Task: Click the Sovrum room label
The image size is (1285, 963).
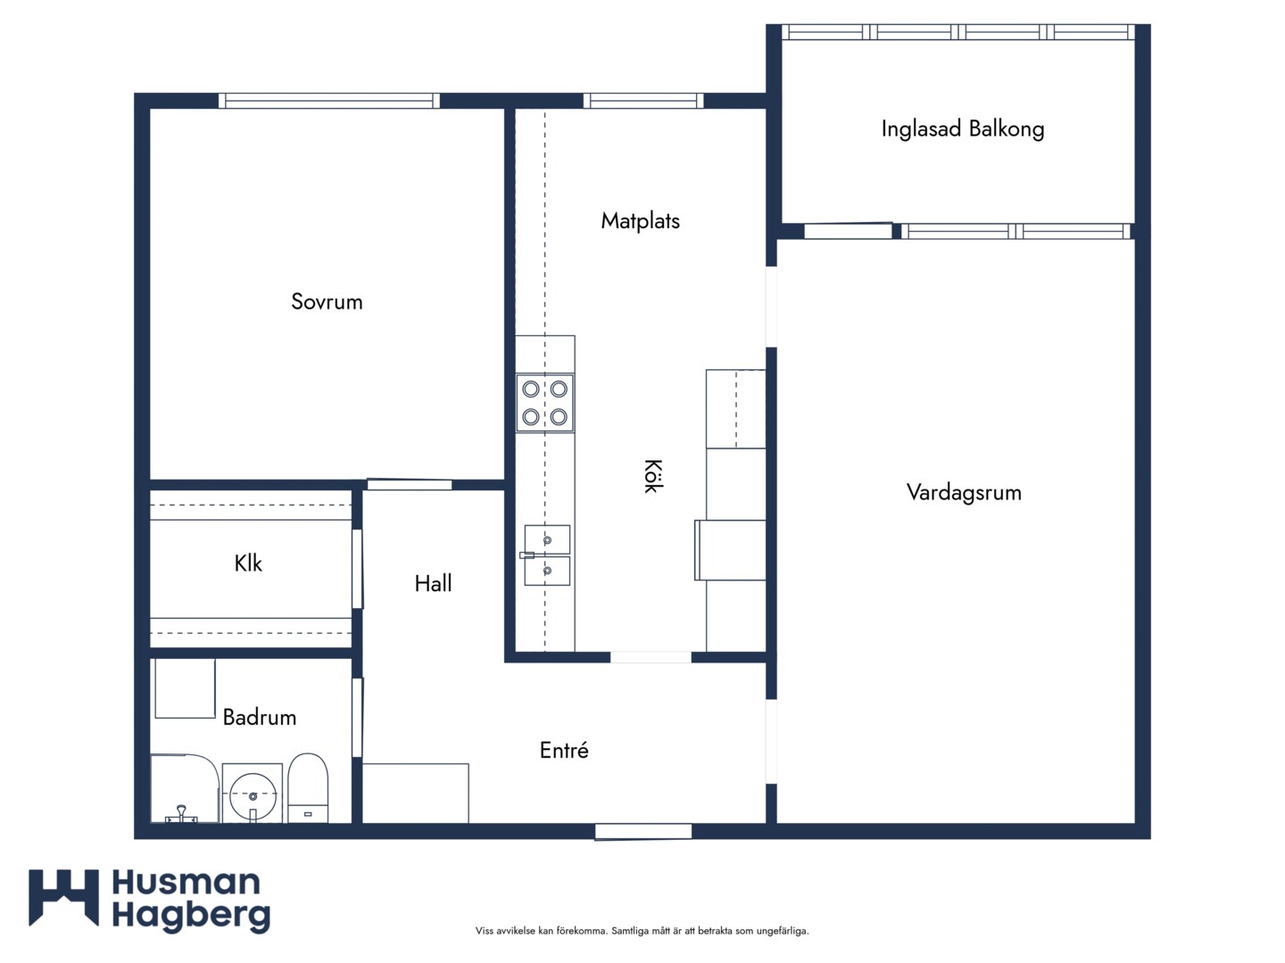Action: [327, 301]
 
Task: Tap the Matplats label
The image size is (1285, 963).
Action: [641, 221]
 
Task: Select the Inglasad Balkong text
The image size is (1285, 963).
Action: [963, 129]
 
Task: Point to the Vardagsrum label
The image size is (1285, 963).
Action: [964, 493]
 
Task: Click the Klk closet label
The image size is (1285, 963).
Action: [248, 563]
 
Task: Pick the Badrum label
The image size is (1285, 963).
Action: [260, 718]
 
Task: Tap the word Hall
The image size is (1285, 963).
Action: [433, 583]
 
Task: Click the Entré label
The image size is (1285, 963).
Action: [564, 750]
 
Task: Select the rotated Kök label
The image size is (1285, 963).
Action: [652, 476]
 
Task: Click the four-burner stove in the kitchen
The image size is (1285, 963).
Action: [544, 403]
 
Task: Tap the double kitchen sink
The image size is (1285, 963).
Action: [547, 556]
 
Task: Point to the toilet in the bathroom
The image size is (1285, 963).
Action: [308, 788]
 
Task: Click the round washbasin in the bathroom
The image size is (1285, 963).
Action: [253, 795]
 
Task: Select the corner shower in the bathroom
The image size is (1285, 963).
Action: [185, 789]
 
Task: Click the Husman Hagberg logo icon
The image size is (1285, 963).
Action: [64, 899]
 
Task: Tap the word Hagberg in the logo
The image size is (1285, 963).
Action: [192, 917]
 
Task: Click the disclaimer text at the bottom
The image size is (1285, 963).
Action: [642, 931]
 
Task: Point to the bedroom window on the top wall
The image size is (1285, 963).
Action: [329, 101]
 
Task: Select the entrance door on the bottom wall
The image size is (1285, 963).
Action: [643, 831]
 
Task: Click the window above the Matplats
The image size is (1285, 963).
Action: [643, 101]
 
